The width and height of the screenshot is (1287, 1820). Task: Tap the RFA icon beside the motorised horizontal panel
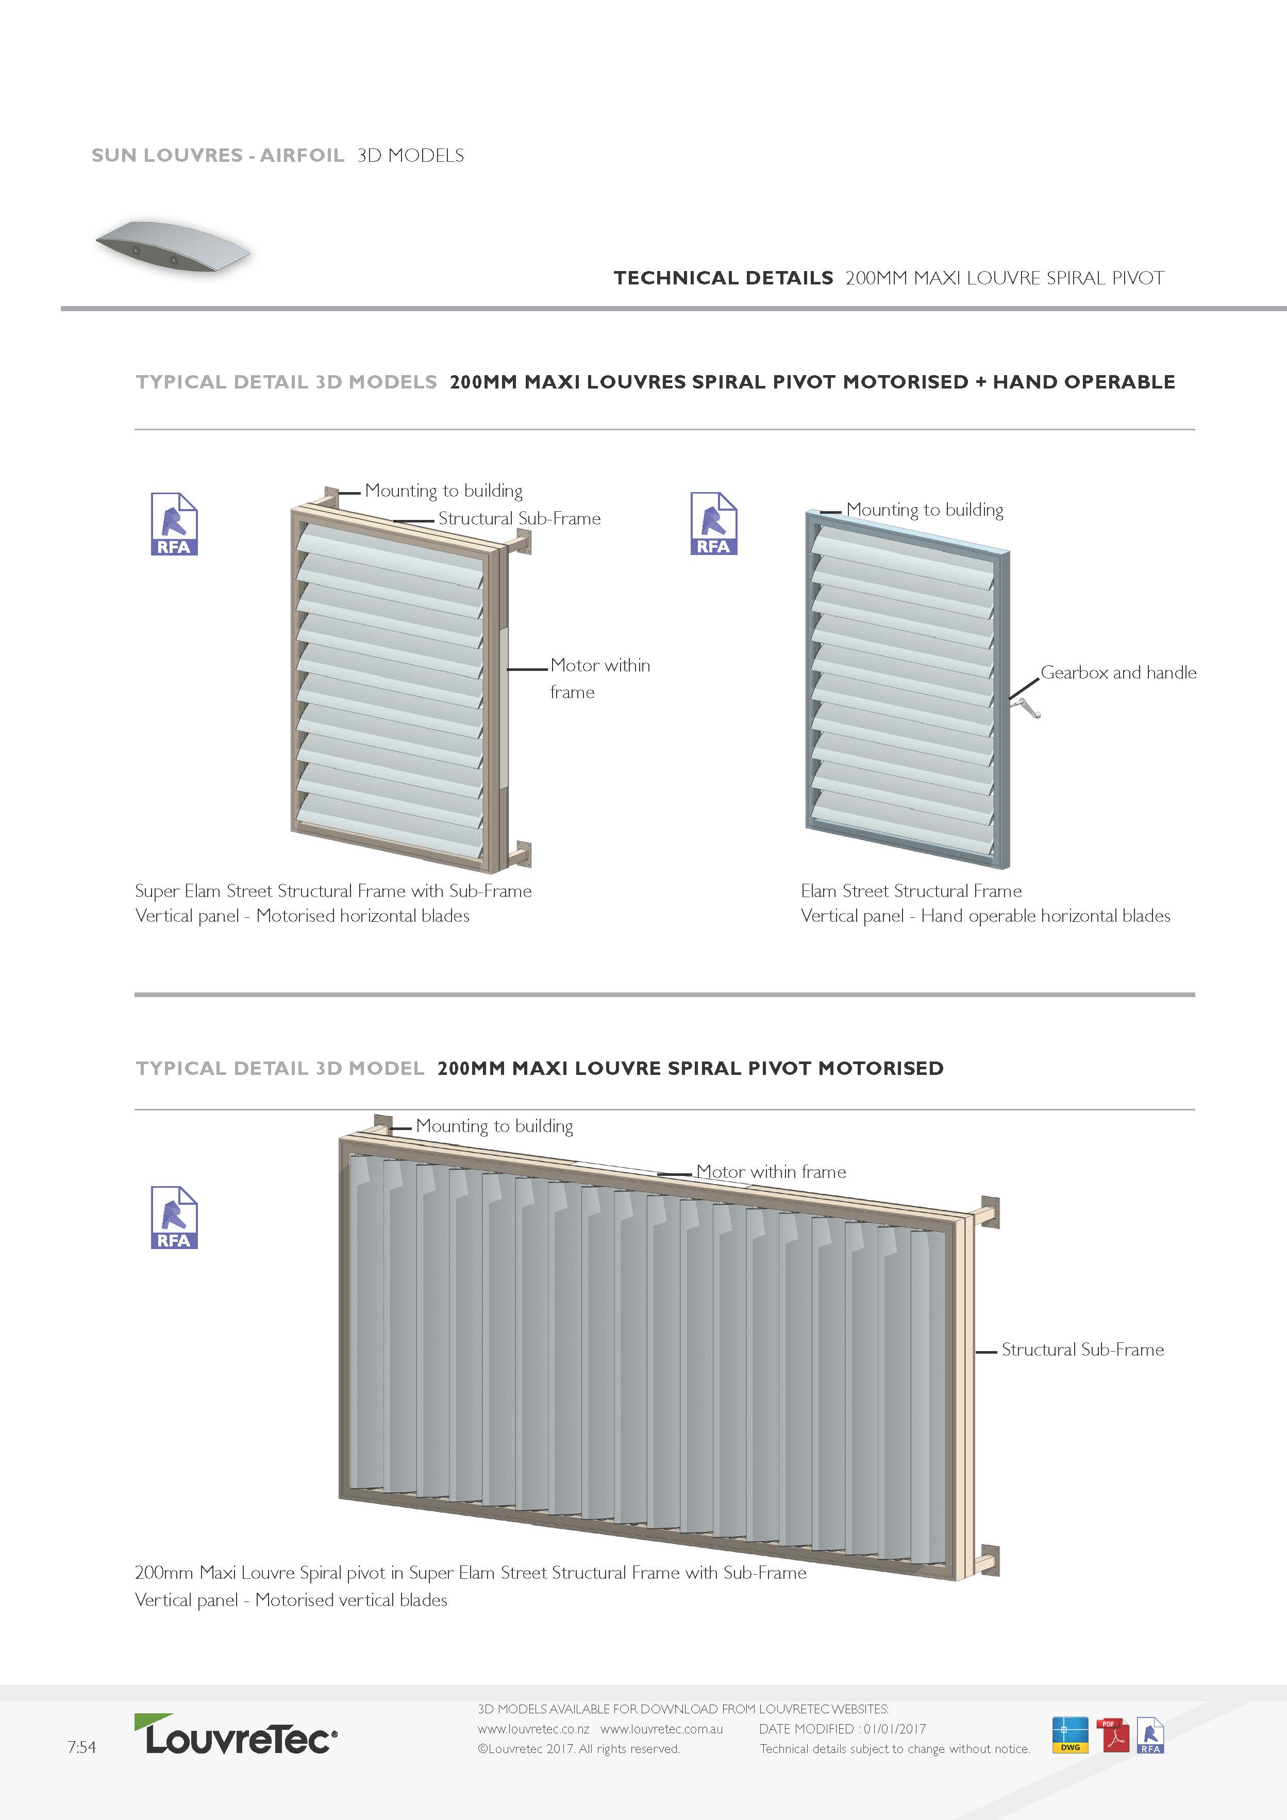coord(174,524)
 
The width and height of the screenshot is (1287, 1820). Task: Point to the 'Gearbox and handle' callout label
coord(1117,673)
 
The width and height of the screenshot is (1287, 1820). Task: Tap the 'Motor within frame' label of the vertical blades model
coord(771,1172)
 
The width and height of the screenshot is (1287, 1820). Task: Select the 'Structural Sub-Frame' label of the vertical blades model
coord(1082,1350)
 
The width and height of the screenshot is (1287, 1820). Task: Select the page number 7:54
coord(81,1747)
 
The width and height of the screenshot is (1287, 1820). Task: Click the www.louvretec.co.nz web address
coord(533,1729)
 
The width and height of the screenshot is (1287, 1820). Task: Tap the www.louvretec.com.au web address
coord(661,1729)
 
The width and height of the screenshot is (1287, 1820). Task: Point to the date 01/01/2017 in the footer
coord(894,1729)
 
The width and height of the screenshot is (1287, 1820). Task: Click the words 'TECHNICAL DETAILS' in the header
coord(723,278)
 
